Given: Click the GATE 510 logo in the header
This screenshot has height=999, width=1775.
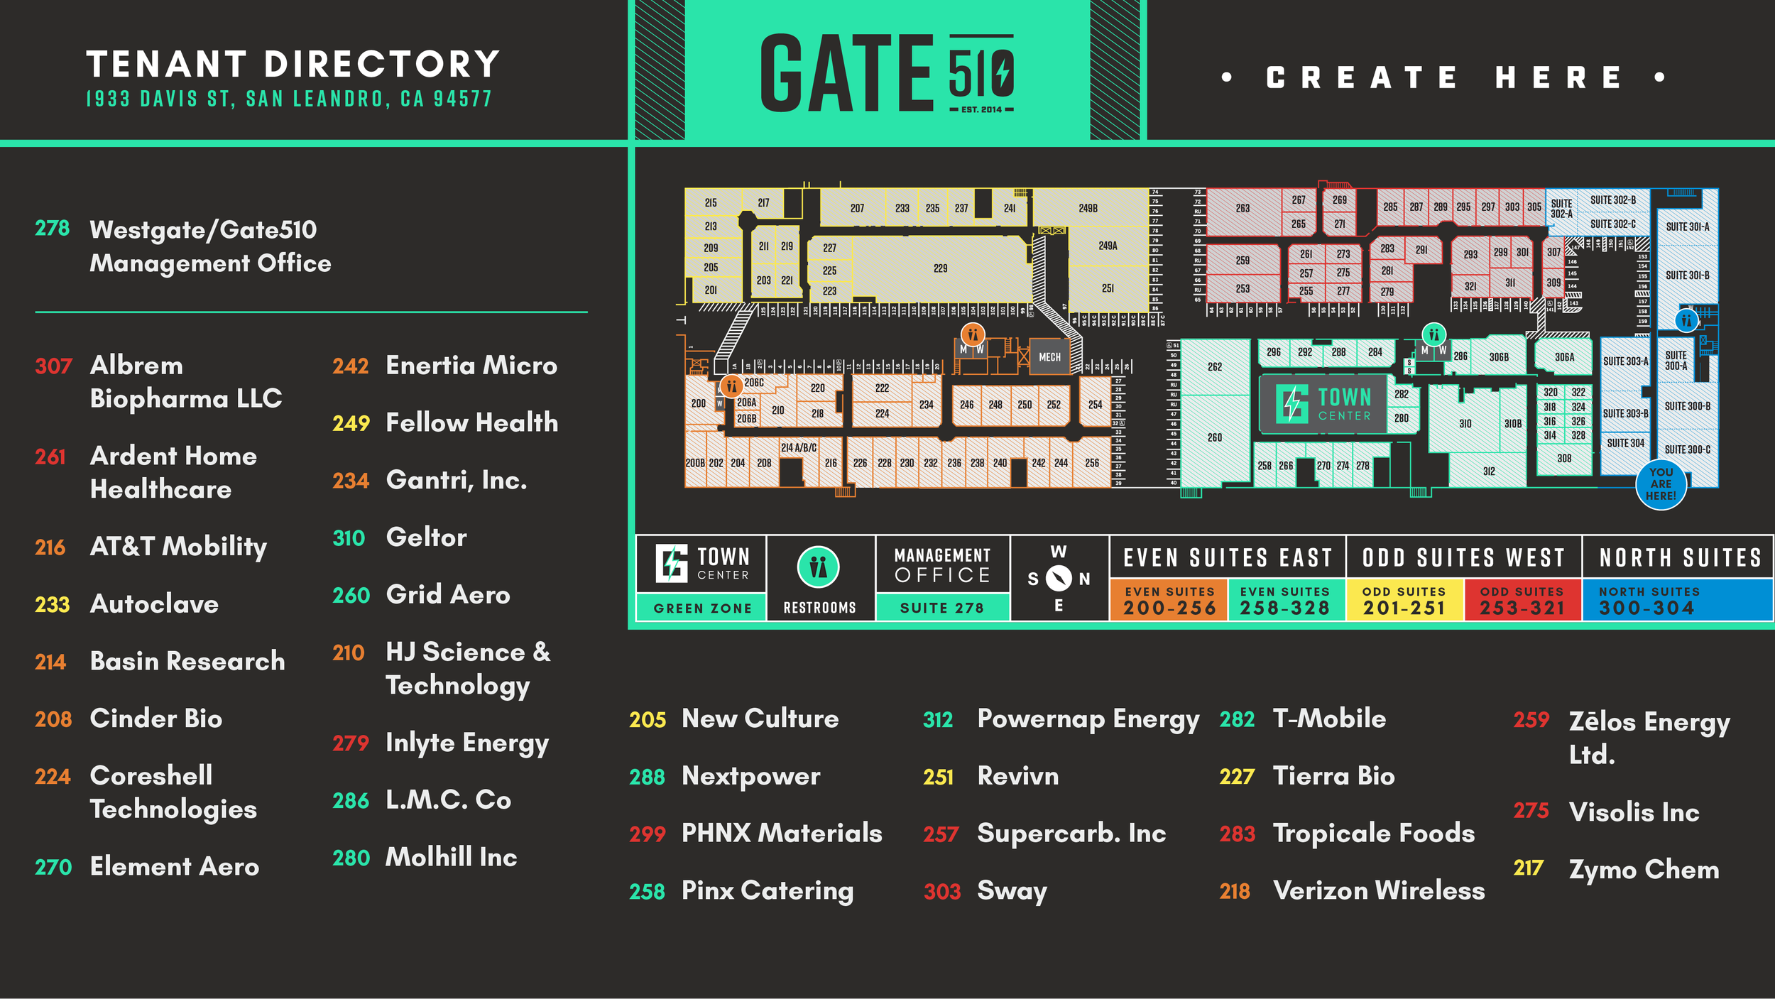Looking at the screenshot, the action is pyautogui.click(x=887, y=73).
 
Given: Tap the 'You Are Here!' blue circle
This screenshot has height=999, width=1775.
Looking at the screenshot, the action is pyautogui.click(x=1661, y=484).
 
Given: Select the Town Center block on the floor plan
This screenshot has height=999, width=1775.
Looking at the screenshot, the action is pyautogui.click(x=1322, y=404).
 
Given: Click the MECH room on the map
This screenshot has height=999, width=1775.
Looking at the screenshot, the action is pyautogui.click(x=1049, y=357).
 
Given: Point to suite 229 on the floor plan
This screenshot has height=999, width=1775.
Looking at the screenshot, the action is pyautogui.click(x=940, y=268).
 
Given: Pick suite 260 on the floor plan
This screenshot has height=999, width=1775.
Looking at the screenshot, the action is pyautogui.click(x=1214, y=437).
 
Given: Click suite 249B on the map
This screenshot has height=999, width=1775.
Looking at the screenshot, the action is pyautogui.click(x=1088, y=208).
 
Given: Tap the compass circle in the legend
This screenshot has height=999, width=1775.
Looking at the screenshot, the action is pyautogui.click(x=1058, y=579).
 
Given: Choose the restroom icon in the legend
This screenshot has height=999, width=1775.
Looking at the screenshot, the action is pyautogui.click(x=819, y=567).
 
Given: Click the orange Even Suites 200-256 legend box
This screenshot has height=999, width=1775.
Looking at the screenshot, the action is pyautogui.click(x=1169, y=601).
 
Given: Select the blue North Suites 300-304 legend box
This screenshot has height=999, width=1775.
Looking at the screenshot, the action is pyautogui.click(x=1677, y=601).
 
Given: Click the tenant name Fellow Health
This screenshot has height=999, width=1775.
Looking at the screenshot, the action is pyautogui.click(x=471, y=422).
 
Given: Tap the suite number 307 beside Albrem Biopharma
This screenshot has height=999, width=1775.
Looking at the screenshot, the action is pyautogui.click(x=53, y=366).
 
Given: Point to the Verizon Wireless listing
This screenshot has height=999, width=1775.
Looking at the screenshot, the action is pyautogui.click(x=1378, y=890).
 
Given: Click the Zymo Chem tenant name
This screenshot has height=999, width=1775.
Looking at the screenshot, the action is pyautogui.click(x=1644, y=870).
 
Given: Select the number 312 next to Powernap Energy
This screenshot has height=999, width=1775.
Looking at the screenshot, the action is pyautogui.click(x=937, y=720).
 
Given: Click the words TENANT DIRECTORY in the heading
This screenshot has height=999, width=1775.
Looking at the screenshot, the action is pyautogui.click(x=293, y=64).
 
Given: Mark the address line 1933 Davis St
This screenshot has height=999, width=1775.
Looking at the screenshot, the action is pyautogui.click(x=289, y=99).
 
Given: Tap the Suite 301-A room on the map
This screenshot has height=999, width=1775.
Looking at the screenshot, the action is pyautogui.click(x=1687, y=226).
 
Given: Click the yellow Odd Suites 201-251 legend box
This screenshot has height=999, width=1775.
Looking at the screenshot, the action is pyautogui.click(x=1404, y=601).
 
